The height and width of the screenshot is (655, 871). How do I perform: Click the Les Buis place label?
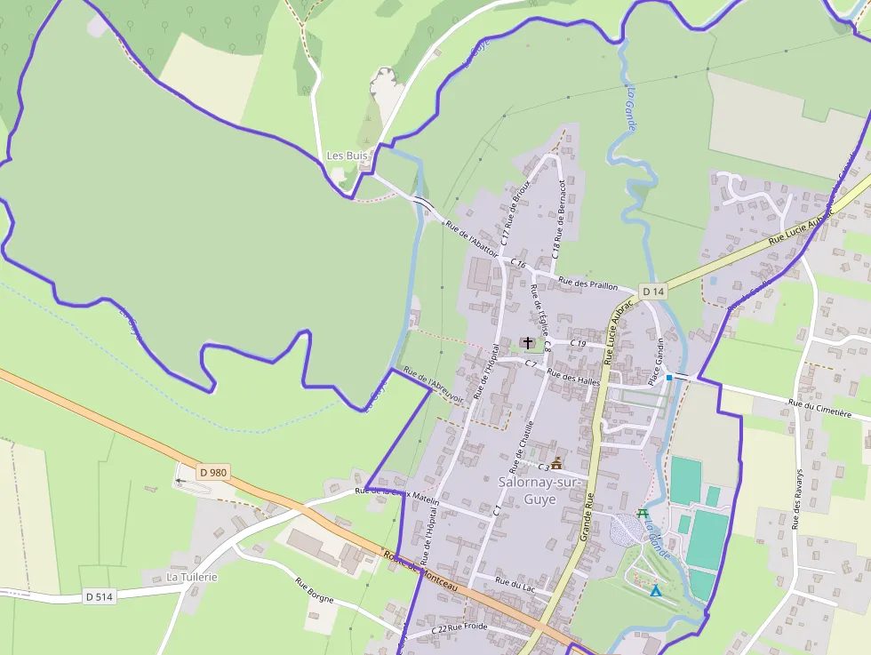pyautogui.click(x=347, y=156)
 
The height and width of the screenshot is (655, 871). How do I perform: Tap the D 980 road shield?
pyautogui.click(x=213, y=473)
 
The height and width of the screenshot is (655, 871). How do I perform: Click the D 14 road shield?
pyautogui.click(x=653, y=292)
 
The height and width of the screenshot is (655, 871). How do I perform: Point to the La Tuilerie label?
pyautogui.click(x=192, y=577)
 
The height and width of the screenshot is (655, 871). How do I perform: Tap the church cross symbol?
pyautogui.click(x=528, y=342)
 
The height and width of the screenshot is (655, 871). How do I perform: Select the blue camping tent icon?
pyautogui.click(x=656, y=590)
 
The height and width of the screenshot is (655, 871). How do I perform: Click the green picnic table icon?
pyautogui.click(x=643, y=515)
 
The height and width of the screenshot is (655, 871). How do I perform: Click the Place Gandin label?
pyautogui.click(x=658, y=361)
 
